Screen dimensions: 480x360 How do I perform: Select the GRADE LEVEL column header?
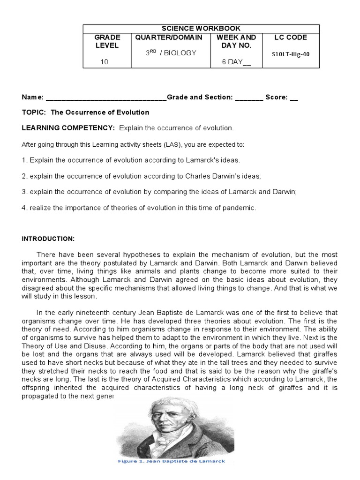(107, 41)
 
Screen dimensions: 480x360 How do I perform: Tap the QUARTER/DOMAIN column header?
(168, 37)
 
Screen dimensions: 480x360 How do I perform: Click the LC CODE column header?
(290, 37)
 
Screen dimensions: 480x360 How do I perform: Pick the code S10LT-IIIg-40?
(290, 54)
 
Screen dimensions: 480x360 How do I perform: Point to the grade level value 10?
(104, 61)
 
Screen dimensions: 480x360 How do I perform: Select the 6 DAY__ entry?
(236, 61)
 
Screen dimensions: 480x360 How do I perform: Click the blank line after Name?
(106, 97)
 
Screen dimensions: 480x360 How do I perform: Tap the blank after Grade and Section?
(249, 97)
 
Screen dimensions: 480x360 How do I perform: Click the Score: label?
(277, 97)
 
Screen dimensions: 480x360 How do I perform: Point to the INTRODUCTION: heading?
(48, 238)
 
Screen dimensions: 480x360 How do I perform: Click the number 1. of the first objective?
(24, 160)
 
